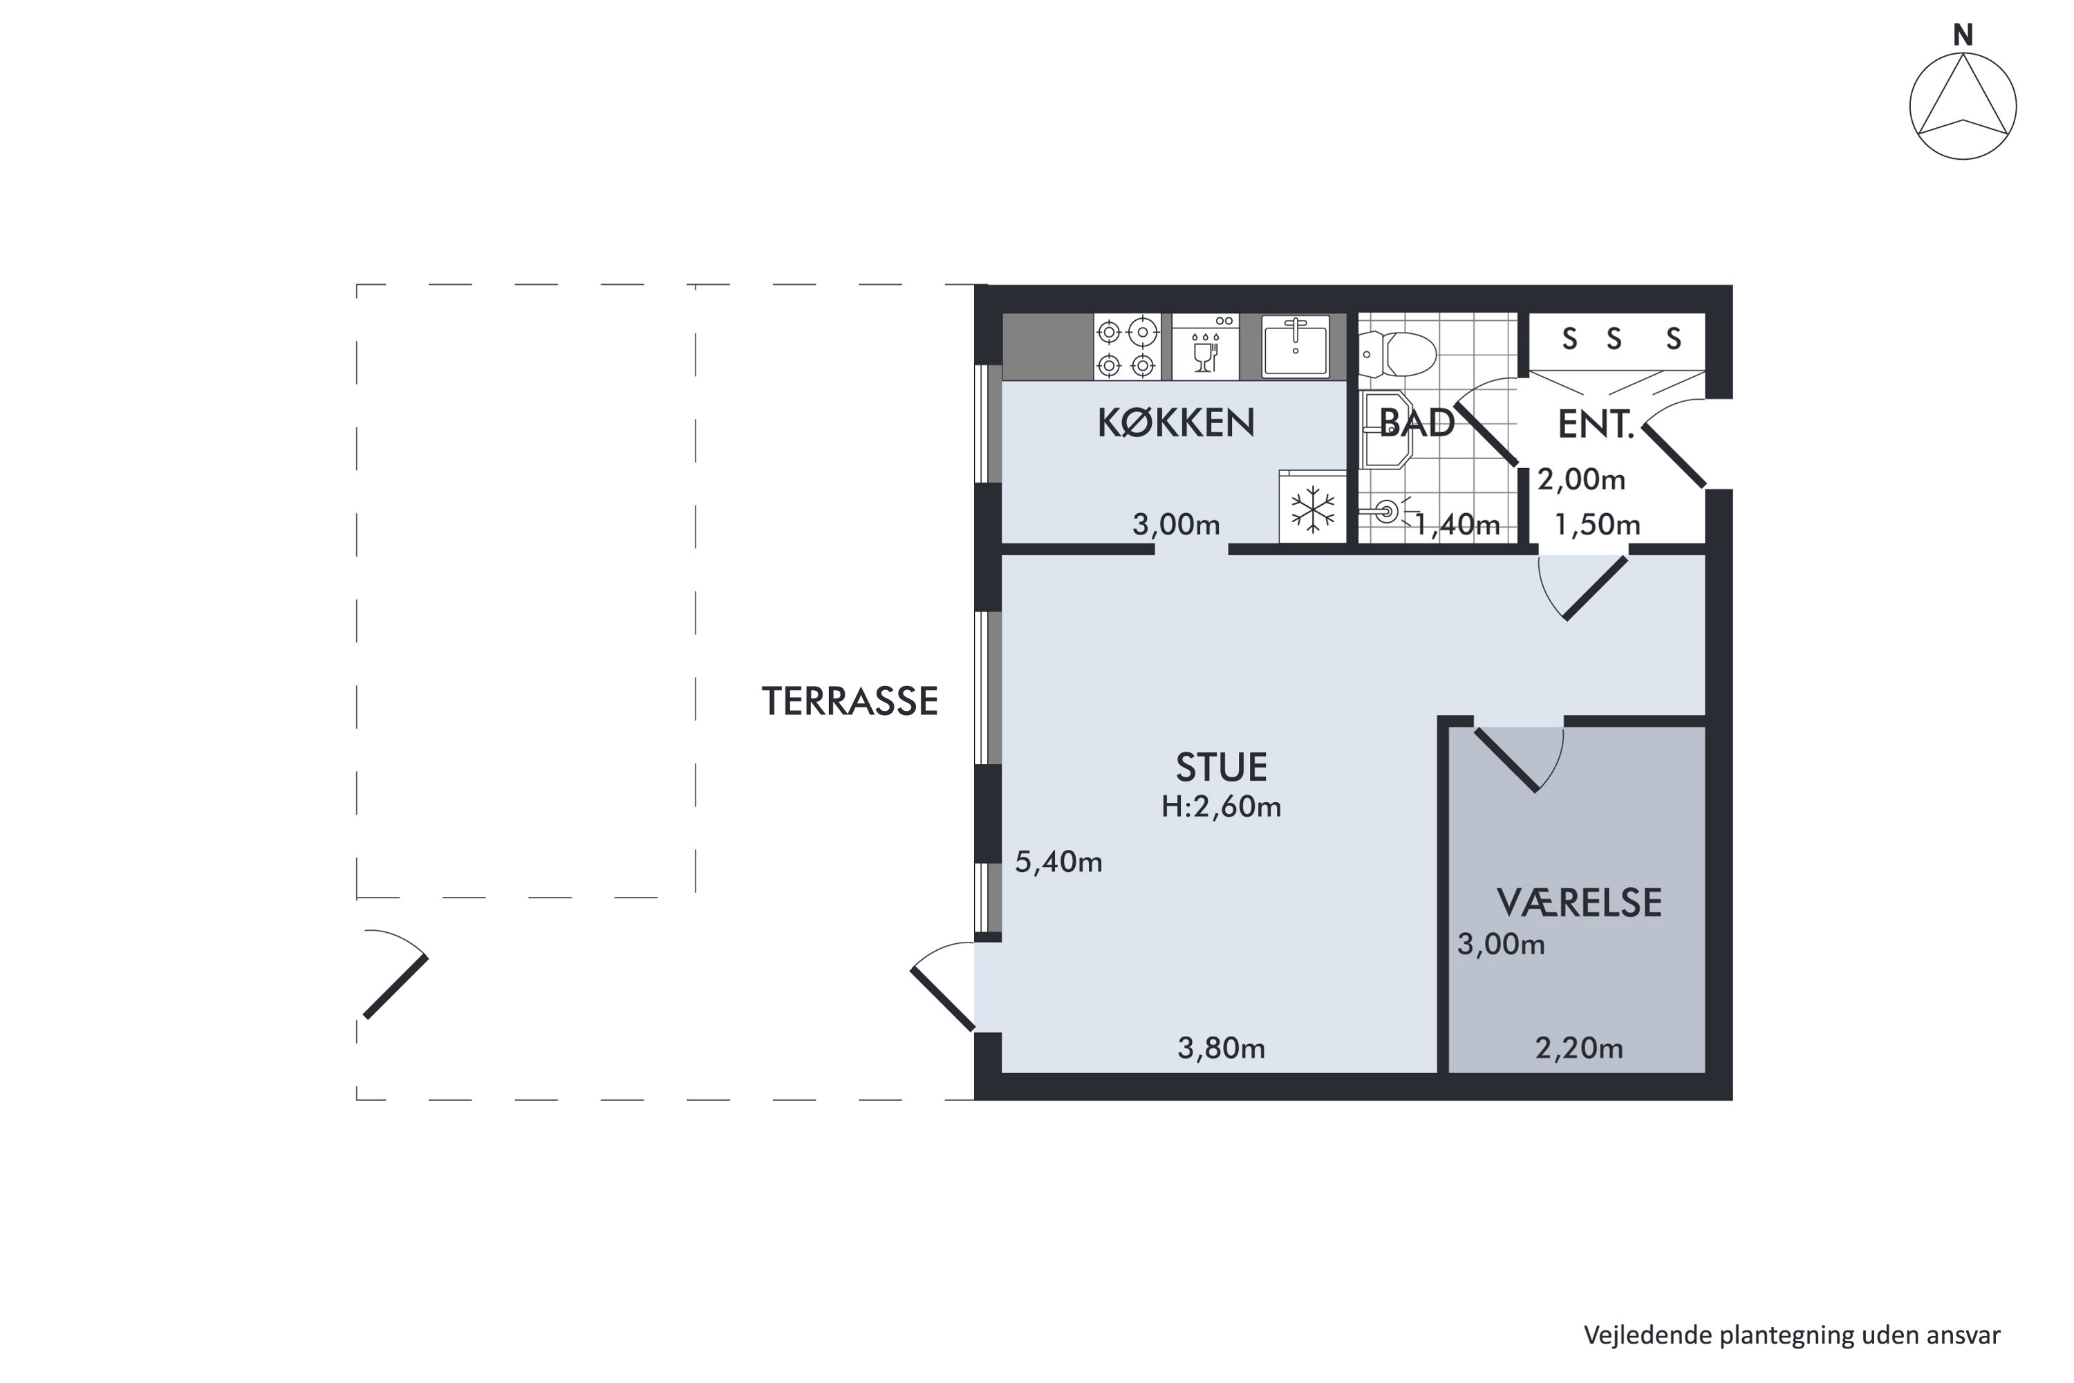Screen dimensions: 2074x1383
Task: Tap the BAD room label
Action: pos(1417,423)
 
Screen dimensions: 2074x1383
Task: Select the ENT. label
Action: pos(1596,425)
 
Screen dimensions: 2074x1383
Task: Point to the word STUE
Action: pos(1222,768)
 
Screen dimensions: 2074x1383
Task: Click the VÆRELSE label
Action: pos(1579,903)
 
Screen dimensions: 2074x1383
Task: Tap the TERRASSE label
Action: pos(850,701)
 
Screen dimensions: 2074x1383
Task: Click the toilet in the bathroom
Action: pos(1398,355)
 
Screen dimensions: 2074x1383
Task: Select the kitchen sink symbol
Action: pos(1296,346)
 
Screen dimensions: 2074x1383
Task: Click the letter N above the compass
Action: pos(1963,35)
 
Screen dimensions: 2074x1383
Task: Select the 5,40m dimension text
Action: pos(1058,862)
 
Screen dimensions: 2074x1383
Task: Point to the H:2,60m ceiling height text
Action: pos(1222,806)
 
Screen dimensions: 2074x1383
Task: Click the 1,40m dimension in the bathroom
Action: pos(1457,525)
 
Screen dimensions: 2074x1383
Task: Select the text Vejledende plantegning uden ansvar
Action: pos(1792,1335)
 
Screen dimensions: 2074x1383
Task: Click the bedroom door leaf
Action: pos(1507,759)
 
